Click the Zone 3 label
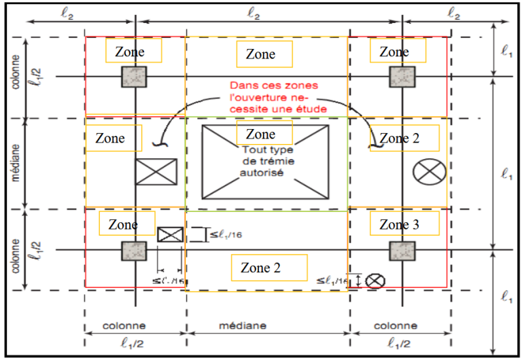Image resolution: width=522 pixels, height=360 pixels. pos(400,224)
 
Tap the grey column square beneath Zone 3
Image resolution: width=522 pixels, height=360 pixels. pos(402,251)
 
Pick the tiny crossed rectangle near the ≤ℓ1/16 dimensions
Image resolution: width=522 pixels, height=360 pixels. pos(170,235)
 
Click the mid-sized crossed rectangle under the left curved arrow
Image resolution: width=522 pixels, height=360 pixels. pos(156,172)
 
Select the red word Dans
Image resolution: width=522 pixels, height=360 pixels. pos(243,86)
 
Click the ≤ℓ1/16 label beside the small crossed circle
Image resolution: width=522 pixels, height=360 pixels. pos(334,279)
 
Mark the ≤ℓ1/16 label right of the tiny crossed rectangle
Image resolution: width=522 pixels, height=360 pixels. pos(225,235)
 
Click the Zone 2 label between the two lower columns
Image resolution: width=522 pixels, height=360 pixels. pos(261,267)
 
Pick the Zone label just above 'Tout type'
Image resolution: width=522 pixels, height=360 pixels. pos(261,134)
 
